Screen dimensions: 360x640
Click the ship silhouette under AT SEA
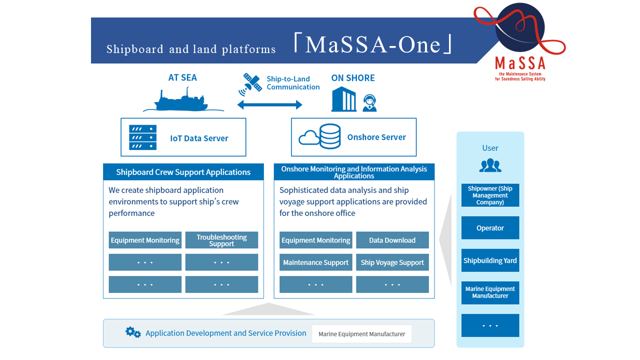[x=181, y=101]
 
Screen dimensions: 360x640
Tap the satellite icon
[x=252, y=83]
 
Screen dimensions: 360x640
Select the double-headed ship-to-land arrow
[x=269, y=104]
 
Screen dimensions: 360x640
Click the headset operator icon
[x=369, y=103]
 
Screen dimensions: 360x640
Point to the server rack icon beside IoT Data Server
[x=142, y=137]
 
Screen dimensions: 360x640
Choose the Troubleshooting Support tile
[x=221, y=240]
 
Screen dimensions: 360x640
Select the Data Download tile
[x=392, y=240]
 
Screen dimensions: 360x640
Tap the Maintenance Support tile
[x=315, y=262]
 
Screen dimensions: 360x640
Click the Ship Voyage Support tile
[x=392, y=262]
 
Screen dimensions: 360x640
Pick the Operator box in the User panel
[x=490, y=228]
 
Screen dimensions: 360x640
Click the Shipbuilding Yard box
[x=490, y=260]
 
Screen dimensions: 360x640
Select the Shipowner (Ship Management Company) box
[x=490, y=195]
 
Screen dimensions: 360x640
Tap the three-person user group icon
[x=490, y=165]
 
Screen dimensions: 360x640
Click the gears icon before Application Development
[x=133, y=332]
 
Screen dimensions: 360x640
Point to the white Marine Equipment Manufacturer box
[x=361, y=334]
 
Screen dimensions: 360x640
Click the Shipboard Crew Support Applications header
[x=183, y=172]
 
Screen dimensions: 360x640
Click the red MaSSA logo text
[x=520, y=63]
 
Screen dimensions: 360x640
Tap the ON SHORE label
[x=352, y=78]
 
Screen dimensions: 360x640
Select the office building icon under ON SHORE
[x=344, y=100]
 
